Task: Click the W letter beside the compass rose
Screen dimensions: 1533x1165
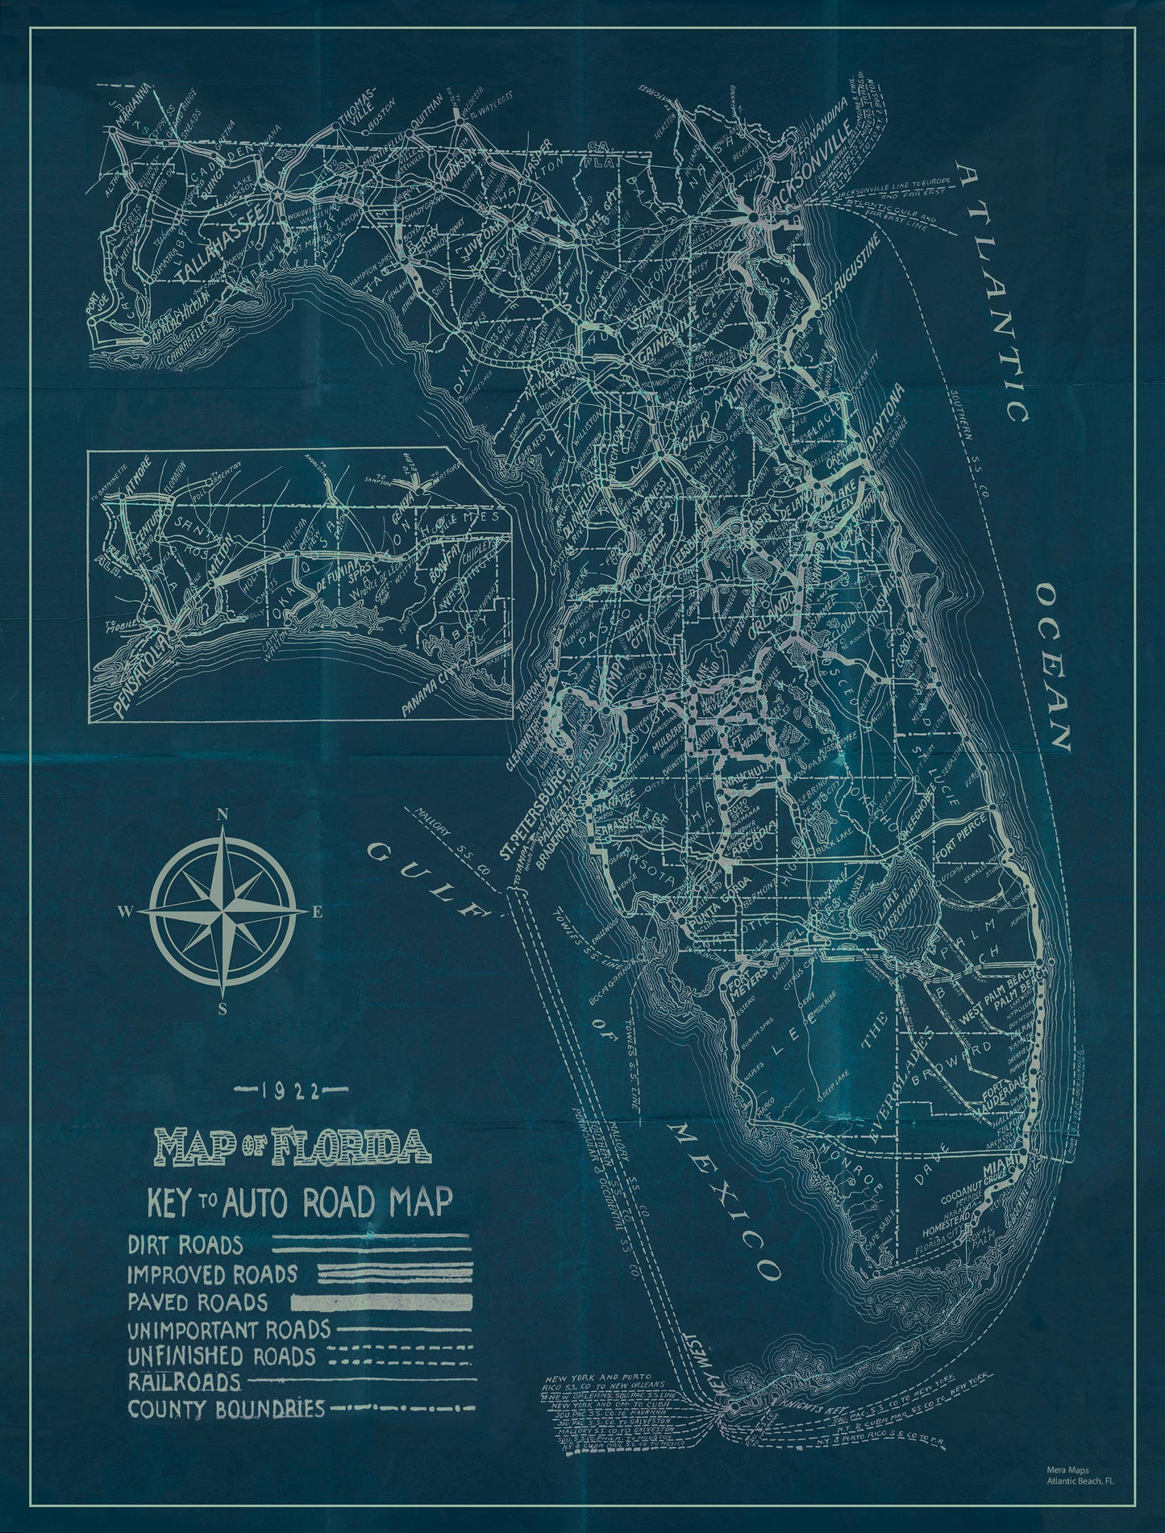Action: click(127, 912)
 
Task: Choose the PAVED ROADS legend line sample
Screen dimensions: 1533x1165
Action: click(381, 1302)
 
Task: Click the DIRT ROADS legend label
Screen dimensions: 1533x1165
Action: click(185, 1244)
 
